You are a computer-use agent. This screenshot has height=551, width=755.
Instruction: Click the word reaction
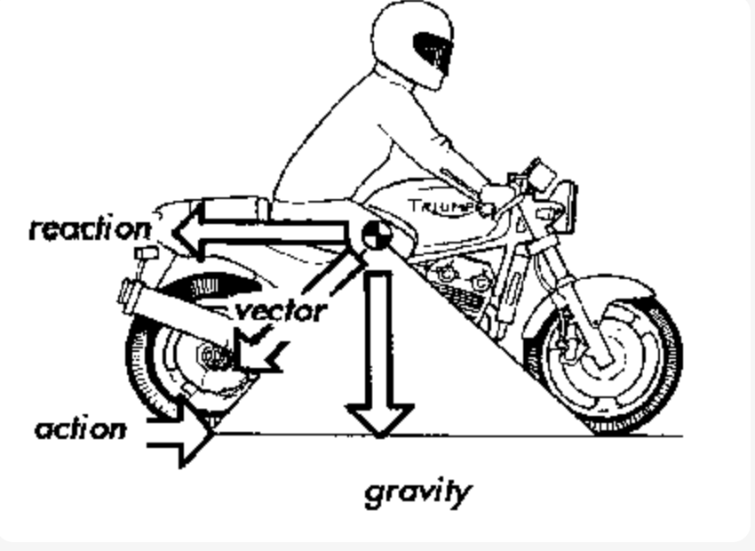(90, 228)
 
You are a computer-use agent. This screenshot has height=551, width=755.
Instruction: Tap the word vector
(282, 310)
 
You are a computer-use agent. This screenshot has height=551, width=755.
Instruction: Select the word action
(80, 429)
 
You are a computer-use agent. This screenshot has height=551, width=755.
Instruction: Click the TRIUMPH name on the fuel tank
(439, 207)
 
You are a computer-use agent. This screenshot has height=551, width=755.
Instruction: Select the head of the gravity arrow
(379, 417)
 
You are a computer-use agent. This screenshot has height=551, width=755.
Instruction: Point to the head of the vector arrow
(258, 352)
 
